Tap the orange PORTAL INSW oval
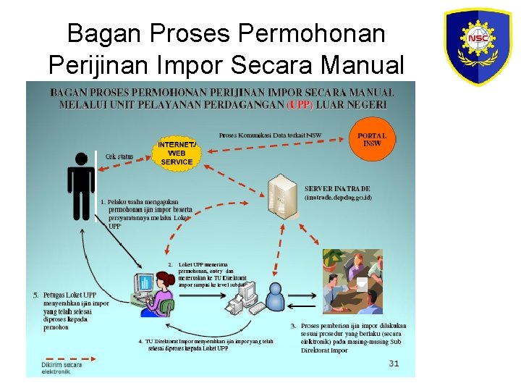pos(372,140)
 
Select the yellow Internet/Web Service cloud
pos(177,153)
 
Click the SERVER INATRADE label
pos(338,189)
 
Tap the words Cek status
pos(119,156)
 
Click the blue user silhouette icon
pos(275,298)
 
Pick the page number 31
pos(394,363)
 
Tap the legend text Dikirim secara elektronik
pos(62,368)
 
